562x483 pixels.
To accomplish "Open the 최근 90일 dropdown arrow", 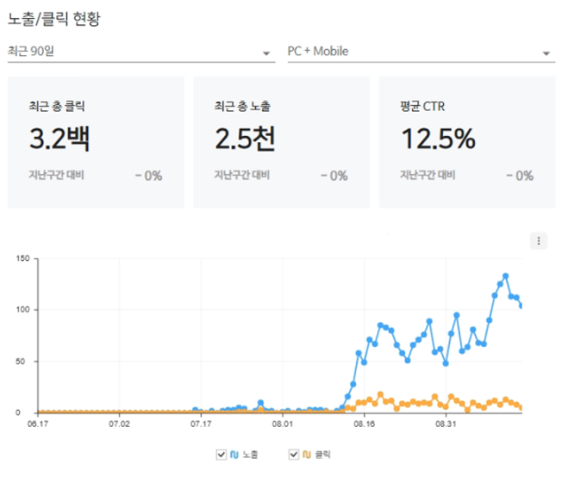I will (267, 53).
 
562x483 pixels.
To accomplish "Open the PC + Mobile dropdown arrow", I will (546, 53).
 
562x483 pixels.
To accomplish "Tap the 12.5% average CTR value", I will (438, 138).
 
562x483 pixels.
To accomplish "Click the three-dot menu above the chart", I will (538, 241).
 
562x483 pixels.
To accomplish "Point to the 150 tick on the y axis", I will (23, 258).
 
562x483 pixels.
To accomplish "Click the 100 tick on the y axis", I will (23, 309).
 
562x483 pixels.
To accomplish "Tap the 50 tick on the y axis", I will (26, 362).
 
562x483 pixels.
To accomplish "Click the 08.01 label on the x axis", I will (282, 424).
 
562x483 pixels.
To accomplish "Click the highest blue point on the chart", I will (506, 276).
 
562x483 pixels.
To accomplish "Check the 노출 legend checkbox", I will (221, 454).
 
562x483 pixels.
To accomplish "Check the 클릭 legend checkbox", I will (293, 454).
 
